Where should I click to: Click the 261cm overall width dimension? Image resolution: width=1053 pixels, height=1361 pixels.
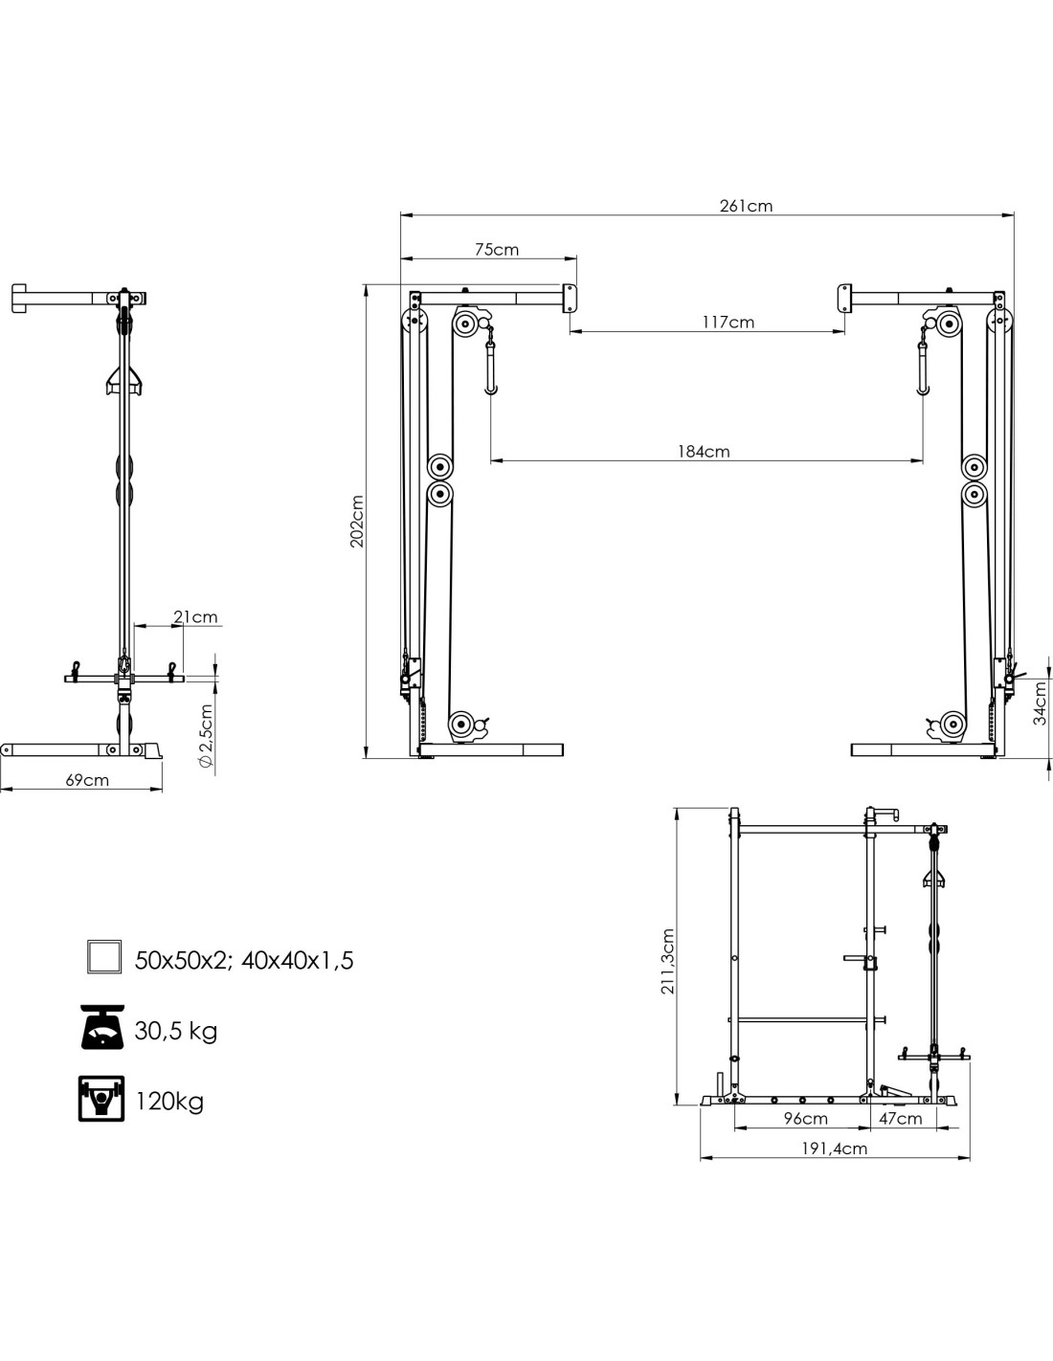pyautogui.click(x=746, y=206)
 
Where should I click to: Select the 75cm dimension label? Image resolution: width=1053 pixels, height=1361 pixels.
pyautogui.click(x=497, y=250)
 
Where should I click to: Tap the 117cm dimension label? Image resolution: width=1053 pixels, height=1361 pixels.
pyautogui.click(x=728, y=322)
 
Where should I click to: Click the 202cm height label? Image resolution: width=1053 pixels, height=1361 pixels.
pyautogui.click(x=357, y=521)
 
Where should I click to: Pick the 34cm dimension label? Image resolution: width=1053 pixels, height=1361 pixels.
pyautogui.click(x=1041, y=705)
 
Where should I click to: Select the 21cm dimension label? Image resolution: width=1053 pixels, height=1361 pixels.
pyautogui.click(x=195, y=616)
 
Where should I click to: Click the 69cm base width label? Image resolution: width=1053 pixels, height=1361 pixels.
pyautogui.click(x=87, y=780)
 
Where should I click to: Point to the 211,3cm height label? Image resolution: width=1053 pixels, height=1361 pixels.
pyautogui.click(x=667, y=962)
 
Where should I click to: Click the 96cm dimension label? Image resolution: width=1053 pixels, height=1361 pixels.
pyautogui.click(x=805, y=1118)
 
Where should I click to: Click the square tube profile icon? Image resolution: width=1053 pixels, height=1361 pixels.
pyautogui.click(x=102, y=957)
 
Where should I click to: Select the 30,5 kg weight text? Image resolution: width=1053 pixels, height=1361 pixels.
pyautogui.click(x=176, y=1031)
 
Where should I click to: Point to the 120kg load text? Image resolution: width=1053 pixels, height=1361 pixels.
pyautogui.click(x=169, y=1101)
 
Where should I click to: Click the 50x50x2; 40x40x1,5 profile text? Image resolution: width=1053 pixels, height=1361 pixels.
pyautogui.click(x=244, y=960)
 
